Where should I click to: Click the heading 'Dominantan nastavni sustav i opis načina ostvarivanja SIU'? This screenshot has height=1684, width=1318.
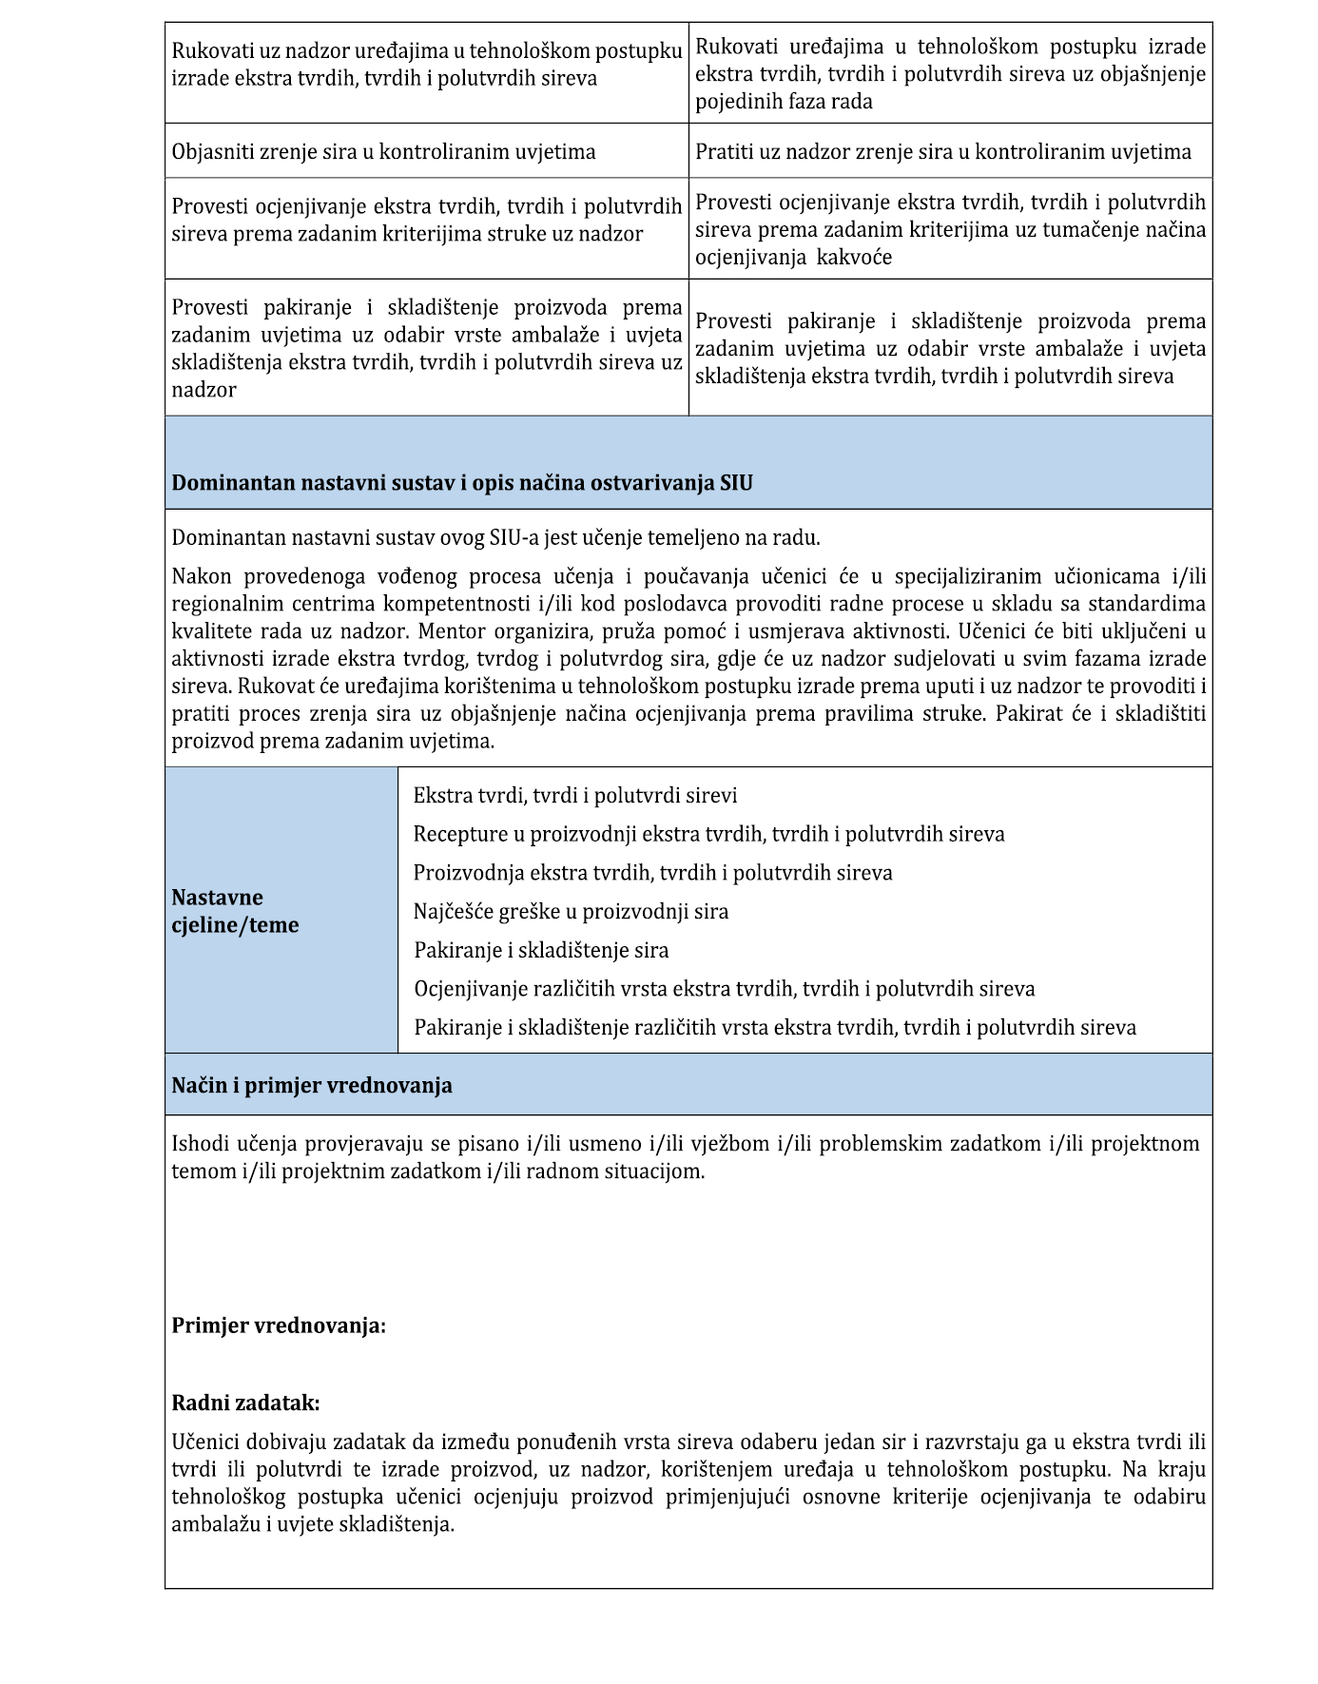461,483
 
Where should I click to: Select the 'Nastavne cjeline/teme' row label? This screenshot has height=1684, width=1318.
235,911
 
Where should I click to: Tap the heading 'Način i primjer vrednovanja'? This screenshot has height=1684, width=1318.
311,1086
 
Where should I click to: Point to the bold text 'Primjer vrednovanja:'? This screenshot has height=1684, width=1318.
279,1326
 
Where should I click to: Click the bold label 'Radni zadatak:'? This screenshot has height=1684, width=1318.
245,1403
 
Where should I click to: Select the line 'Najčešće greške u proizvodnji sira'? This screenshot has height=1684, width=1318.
571,912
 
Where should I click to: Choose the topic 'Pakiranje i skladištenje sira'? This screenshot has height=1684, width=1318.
541,950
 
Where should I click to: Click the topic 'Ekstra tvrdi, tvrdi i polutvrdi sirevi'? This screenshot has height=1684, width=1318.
575,796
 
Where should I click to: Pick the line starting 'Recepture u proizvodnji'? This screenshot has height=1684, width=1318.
708,834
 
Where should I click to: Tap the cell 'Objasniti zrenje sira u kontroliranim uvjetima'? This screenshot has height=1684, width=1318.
383,152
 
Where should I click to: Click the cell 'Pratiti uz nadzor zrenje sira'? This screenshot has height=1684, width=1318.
942,152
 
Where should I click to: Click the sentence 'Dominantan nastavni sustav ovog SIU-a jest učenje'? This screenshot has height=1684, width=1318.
495,538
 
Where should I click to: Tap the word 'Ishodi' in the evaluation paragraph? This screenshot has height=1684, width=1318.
198,1144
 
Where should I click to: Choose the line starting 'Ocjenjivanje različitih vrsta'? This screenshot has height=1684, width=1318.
724,989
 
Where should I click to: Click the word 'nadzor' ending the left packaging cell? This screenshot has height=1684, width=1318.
204,390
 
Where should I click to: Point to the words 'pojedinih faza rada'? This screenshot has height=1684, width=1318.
784,102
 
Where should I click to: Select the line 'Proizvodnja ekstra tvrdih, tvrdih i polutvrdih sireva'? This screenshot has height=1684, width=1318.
652,873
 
